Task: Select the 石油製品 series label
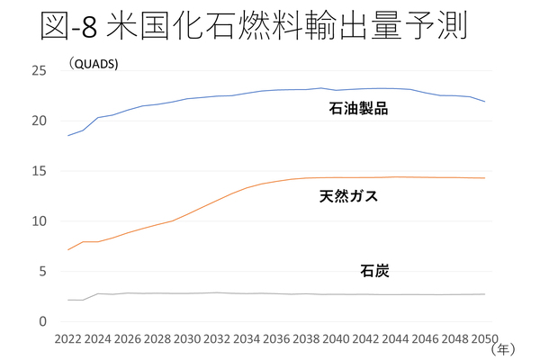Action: [x=357, y=110]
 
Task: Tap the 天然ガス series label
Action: [x=348, y=196]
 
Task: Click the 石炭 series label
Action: [x=374, y=270]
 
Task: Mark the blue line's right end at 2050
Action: [x=485, y=102]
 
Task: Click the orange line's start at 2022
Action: [x=67, y=249]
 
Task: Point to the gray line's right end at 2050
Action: [x=485, y=294]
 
